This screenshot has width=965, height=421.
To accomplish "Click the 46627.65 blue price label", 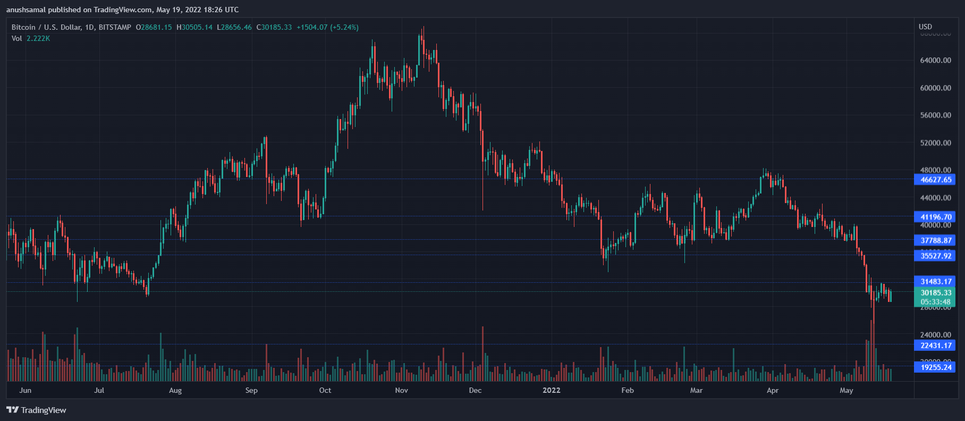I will pyautogui.click(x=935, y=180).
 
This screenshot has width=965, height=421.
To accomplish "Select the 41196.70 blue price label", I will pyautogui.click(x=935, y=217).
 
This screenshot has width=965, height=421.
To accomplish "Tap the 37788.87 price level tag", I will pyautogui.click(x=935, y=240).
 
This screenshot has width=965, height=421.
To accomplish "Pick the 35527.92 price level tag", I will pyautogui.click(x=935, y=256).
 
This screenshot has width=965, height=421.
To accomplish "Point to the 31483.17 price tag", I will pyautogui.click(x=935, y=281).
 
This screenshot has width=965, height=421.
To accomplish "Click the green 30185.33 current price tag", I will pyautogui.click(x=935, y=293).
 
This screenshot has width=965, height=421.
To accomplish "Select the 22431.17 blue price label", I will pyautogui.click(x=935, y=346).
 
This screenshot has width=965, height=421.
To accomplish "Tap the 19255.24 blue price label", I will pyautogui.click(x=935, y=367).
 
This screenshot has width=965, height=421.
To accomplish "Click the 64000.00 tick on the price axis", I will pyautogui.click(x=935, y=61).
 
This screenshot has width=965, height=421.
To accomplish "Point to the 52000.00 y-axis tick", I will pyautogui.click(x=935, y=143).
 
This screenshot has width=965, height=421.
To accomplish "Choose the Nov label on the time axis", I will pyautogui.click(x=402, y=390).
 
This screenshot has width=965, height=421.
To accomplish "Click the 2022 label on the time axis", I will pyautogui.click(x=551, y=390).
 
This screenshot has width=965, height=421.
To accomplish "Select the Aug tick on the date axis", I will pyautogui.click(x=175, y=390).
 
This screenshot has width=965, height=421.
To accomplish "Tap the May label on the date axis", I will pyautogui.click(x=846, y=390).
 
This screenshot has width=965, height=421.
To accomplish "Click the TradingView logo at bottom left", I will pyautogui.click(x=36, y=410).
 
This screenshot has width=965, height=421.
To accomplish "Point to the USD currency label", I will pyautogui.click(x=925, y=27).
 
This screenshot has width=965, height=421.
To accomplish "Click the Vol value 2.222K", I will pyautogui.click(x=38, y=38).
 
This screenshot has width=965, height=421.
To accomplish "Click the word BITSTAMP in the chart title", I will pyautogui.click(x=115, y=27).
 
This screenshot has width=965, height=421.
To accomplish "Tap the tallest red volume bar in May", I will pyautogui.click(x=872, y=351).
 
